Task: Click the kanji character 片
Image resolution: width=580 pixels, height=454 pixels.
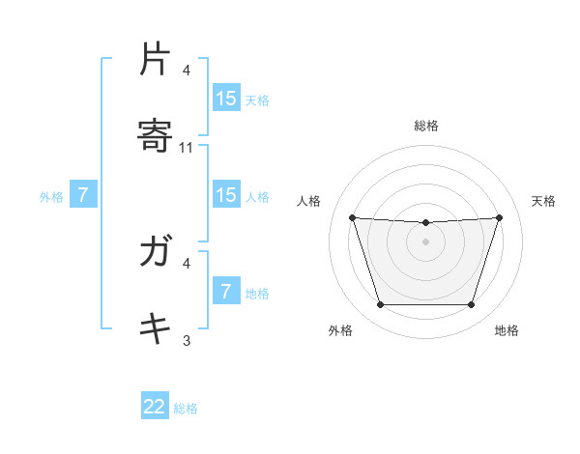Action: click(x=155, y=60)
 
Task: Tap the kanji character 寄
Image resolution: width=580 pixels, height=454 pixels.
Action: click(x=155, y=135)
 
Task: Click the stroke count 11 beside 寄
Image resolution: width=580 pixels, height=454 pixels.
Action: click(x=187, y=148)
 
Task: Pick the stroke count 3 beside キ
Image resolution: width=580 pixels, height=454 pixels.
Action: click(x=187, y=340)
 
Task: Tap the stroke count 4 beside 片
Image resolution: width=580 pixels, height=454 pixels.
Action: click(x=187, y=71)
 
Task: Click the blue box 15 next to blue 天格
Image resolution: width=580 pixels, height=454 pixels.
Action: click(x=226, y=99)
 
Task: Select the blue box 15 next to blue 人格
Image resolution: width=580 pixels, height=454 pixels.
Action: click(x=226, y=195)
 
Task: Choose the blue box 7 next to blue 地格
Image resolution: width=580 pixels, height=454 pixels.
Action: click(x=226, y=292)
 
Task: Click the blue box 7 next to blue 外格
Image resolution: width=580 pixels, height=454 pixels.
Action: click(x=83, y=195)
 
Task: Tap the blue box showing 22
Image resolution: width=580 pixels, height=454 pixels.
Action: click(x=155, y=407)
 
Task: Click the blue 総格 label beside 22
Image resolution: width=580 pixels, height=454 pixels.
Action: click(x=186, y=409)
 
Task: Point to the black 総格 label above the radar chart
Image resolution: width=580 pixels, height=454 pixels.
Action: click(x=425, y=126)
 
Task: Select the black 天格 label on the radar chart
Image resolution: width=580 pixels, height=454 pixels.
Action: click(x=543, y=201)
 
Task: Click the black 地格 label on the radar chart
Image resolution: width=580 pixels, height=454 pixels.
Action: click(x=507, y=330)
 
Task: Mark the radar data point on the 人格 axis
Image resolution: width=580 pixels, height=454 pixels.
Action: click(x=352, y=217)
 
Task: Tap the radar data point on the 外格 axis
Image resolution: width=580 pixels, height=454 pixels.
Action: click(x=380, y=305)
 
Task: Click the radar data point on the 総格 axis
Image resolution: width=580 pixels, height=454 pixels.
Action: click(x=425, y=223)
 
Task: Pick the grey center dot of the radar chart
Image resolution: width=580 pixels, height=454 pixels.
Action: click(x=425, y=241)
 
